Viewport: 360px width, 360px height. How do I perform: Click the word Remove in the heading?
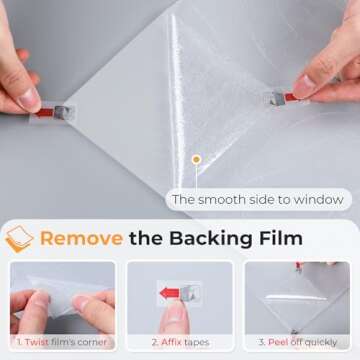[x=81, y=238]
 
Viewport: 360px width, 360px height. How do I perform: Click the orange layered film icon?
[x=19, y=239]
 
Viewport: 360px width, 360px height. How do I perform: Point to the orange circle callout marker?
[x=196, y=160]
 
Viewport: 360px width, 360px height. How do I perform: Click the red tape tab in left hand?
[x=44, y=113]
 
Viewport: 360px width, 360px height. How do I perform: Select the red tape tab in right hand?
[x=290, y=97]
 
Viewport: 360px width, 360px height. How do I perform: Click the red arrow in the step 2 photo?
[x=169, y=293]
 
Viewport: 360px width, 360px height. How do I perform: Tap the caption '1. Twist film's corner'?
[x=62, y=342]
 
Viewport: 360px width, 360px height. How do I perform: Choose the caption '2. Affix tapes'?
[x=180, y=342]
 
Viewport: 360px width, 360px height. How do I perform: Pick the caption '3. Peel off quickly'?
[x=298, y=342]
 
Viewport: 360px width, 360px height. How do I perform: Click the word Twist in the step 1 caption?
[x=37, y=342]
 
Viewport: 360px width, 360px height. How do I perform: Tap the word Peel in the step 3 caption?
[x=277, y=342]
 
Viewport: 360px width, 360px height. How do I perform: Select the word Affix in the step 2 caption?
[x=171, y=342]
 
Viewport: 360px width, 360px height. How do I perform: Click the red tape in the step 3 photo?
[x=299, y=266]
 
